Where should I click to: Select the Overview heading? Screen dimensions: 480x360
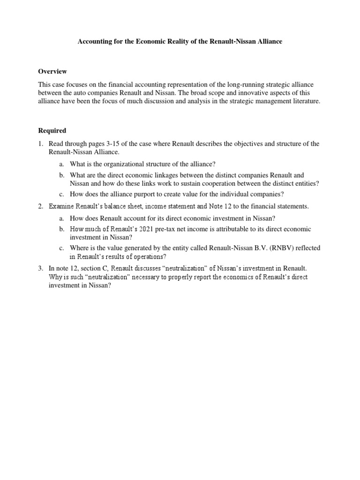tap(52, 71)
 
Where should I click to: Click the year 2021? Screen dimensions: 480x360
tap(136, 229)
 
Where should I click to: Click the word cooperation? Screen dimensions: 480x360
tap(229, 183)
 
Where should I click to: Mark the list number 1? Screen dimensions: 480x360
tap(41, 143)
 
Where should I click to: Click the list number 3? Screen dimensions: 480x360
tap(41, 268)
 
